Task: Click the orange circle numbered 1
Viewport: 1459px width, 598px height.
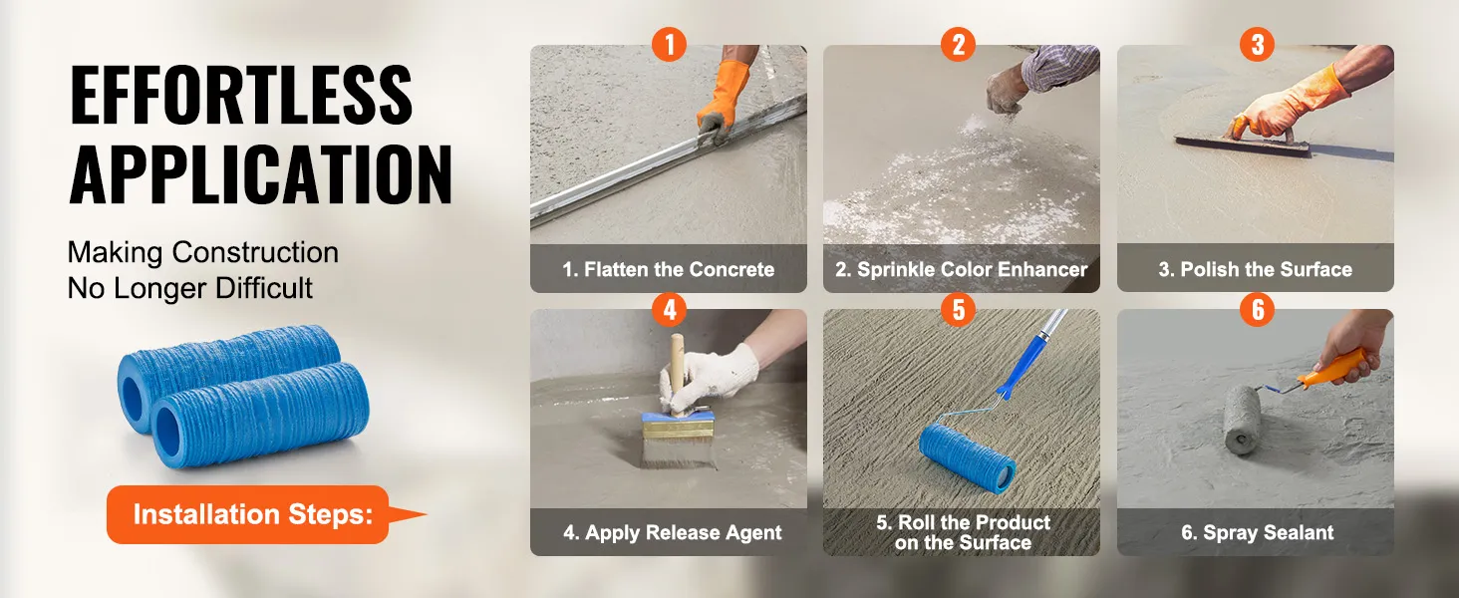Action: point(669,44)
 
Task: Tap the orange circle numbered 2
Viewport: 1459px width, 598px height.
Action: point(958,44)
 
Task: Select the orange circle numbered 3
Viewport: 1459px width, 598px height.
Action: point(1257,44)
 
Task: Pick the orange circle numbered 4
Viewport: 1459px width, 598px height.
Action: point(669,309)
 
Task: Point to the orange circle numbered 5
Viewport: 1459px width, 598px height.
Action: point(958,309)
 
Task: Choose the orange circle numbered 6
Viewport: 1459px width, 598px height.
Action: point(1257,309)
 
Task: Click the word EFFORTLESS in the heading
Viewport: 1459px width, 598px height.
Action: point(241,95)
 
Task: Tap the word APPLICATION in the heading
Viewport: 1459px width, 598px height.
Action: point(260,174)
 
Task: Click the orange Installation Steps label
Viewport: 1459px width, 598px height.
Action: point(253,514)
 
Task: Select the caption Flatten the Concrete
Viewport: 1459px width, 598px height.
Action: point(669,269)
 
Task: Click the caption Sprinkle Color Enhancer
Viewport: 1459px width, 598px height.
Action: point(962,269)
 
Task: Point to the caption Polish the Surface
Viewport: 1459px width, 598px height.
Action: point(1255,269)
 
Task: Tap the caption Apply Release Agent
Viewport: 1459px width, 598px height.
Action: point(672,533)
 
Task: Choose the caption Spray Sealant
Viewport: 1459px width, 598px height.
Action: point(1257,533)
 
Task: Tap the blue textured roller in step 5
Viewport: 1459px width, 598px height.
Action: point(968,454)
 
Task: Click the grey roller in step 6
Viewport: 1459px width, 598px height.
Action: point(1242,420)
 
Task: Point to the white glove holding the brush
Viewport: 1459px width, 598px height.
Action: point(709,378)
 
